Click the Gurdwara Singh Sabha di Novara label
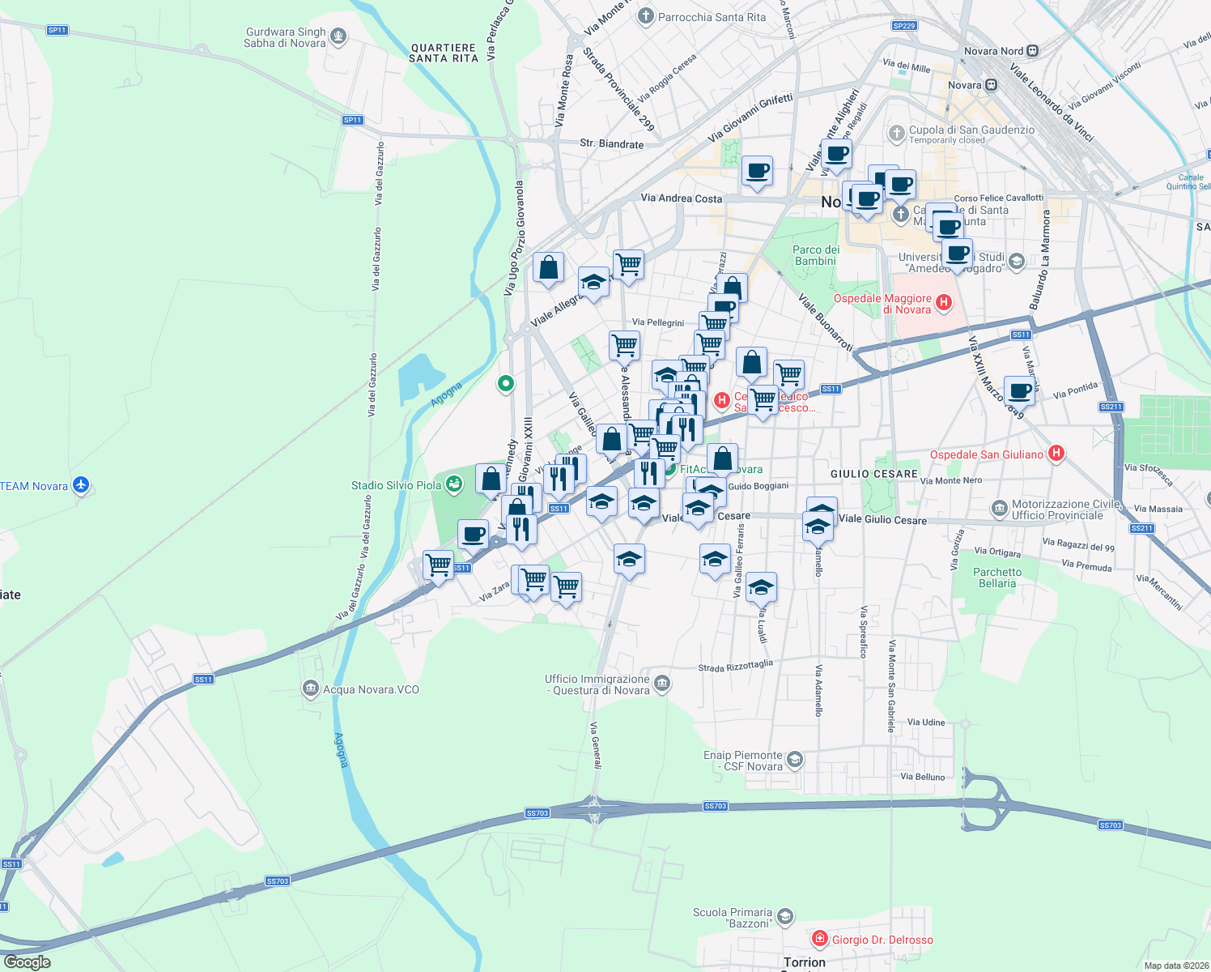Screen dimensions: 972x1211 click(285, 38)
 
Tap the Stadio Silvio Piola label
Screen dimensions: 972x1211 click(396, 485)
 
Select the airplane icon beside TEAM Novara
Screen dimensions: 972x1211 click(80, 485)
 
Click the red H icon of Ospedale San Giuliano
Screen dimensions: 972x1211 click(1056, 454)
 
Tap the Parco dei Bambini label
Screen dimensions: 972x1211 click(815, 255)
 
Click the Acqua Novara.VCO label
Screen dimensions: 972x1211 click(371, 689)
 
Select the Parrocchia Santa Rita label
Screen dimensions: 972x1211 click(712, 17)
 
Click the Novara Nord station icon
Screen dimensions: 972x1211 click(1032, 51)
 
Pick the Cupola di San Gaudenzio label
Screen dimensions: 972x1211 click(971, 130)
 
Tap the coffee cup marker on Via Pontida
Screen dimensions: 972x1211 click(1019, 390)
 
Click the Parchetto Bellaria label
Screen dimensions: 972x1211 click(997, 578)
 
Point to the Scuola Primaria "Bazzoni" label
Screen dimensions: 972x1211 click(732, 918)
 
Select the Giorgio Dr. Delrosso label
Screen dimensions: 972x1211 click(882, 940)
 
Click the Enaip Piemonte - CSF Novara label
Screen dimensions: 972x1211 click(742, 761)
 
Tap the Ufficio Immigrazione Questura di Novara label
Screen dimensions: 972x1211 click(597, 684)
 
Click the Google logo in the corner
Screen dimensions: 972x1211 click(27, 961)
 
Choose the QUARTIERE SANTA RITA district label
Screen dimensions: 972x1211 click(444, 53)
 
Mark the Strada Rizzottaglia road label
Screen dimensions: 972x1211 click(735, 666)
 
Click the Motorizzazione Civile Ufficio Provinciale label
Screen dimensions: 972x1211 click(1057, 509)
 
